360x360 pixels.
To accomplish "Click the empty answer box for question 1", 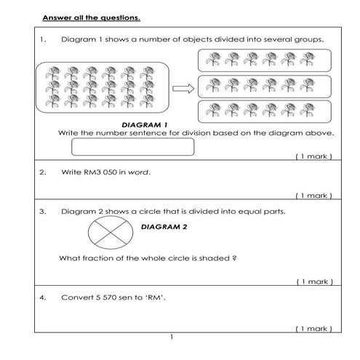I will coord(133,147).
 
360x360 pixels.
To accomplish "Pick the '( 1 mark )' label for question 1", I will coord(313,156).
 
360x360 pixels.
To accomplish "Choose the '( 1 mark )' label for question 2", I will coord(313,196).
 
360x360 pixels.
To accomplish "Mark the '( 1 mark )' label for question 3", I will coord(313,281).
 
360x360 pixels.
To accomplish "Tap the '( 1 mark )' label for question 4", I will coord(313,329).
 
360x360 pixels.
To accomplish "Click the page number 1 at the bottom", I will coord(171,337).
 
